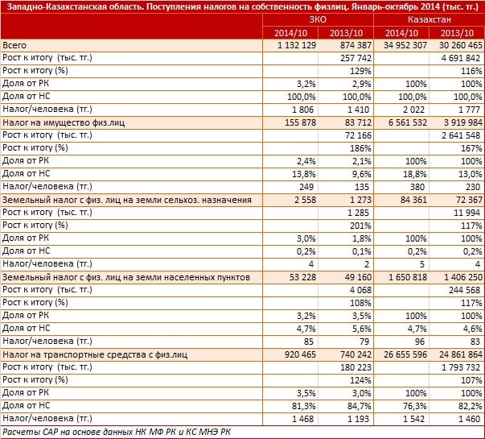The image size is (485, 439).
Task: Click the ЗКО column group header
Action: (318, 20)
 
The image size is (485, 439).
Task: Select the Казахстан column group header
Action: (429, 20)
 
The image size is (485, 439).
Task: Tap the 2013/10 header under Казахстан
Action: (457, 33)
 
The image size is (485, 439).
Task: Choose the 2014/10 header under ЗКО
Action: (290, 33)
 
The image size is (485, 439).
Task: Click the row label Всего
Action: (14, 46)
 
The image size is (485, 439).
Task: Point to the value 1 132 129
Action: (297, 46)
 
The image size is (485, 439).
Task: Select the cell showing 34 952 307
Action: (405, 46)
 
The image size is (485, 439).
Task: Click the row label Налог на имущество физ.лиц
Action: (64, 122)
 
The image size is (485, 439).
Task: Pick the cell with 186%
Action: (360, 148)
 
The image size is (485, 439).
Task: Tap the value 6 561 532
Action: (408, 122)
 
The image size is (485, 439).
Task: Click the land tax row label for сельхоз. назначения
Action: (127, 200)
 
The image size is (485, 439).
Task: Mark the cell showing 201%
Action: (360, 226)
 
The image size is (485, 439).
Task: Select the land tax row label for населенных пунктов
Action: (126, 277)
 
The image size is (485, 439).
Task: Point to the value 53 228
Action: (302, 277)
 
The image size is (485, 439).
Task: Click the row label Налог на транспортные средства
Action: (95, 354)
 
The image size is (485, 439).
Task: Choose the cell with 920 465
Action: (300, 354)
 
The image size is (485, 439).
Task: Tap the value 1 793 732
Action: (461, 367)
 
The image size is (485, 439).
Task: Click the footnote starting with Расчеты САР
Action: (117, 432)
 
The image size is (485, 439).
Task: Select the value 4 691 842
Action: (461, 58)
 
